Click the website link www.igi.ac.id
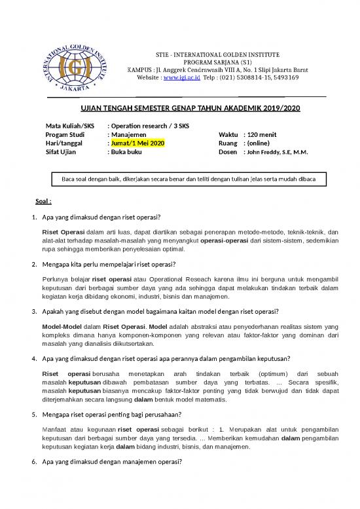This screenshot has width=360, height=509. click(x=181, y=77)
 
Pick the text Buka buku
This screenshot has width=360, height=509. click(x=129, y=152)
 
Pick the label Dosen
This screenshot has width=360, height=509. click(x=228, y=152)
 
